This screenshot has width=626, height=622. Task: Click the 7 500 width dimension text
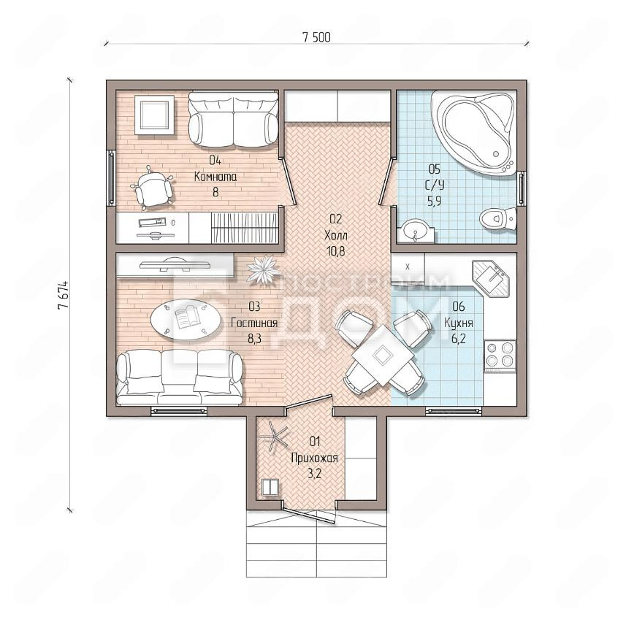click(316, 37)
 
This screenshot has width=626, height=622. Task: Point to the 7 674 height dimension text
click(63, 296)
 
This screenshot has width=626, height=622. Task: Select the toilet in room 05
click(497, 218)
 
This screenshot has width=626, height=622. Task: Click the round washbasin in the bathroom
click(416, 230)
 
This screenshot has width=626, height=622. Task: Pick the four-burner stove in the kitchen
click(500, 356)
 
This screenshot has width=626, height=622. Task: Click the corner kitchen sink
click(491, 278)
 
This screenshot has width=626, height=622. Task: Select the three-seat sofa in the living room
click(180, 377)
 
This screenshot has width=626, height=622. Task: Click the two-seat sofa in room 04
click(233, 119)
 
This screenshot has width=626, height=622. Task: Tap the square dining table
click(383, 354)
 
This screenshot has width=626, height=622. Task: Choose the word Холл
click(336, 235)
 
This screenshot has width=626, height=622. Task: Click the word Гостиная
click(254, 323)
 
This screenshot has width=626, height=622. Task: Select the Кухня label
click(459, 323)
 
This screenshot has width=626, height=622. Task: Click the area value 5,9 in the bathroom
click(435, 201)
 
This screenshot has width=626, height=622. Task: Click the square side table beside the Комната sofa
click(153, 115)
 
